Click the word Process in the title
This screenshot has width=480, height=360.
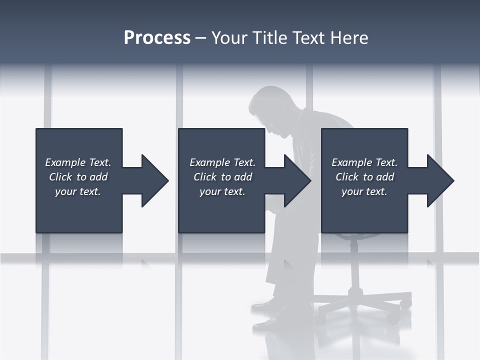point(157,38)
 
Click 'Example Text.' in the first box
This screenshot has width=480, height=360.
point(78,162)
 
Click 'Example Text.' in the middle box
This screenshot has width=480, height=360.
point(222,162)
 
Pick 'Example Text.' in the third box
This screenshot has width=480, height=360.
point(364,162)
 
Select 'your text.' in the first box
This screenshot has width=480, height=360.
point(78,191)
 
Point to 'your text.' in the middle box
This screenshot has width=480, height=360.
point(222,191)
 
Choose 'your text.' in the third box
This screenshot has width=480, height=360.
point(364,191)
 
